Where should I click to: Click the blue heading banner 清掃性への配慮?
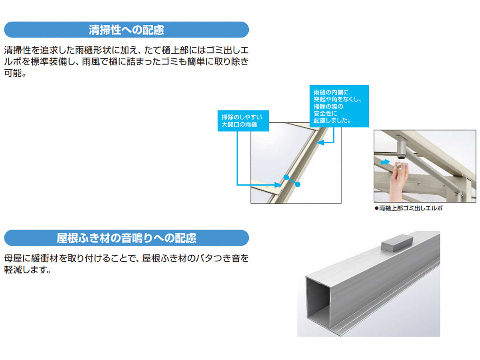point(126,30)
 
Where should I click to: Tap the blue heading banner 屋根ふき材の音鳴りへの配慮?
point(126,238)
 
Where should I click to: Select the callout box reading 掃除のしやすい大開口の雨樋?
point(243,121)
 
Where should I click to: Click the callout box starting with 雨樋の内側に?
point(339,106)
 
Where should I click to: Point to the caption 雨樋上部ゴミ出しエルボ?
point(410,208)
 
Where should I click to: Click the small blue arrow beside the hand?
point(385,162)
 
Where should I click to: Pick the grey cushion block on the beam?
point(397,242)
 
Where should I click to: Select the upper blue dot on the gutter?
point(286,177)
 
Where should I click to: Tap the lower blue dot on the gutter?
point(298,184)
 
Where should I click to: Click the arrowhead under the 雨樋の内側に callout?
point(320,143)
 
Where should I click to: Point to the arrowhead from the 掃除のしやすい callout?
point(278,185)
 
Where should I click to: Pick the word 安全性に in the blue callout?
point(325,114)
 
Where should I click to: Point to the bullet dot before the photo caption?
point(376,208)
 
